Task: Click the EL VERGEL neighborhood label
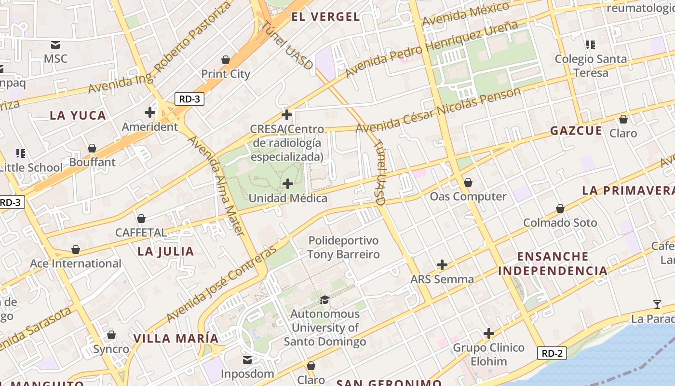[x=325, y=17]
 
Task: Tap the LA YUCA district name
[x=78, y=115]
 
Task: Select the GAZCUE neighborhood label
[x=576, y=131]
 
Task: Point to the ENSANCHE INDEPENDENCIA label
[x=553, y=263]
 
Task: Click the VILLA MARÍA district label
[x=176, y=338]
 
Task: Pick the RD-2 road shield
[x=552, y=353]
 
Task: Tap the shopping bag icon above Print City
[x=225, y=60]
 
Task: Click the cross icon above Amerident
[x=150, y=112]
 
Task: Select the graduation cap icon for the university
[x=324, y=300]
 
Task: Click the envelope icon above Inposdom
[x=247, y=360]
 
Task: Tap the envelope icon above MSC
[x=55, y=45]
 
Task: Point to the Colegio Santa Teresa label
[x=591, y=66]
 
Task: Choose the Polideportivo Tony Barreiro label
[x=343, y=248]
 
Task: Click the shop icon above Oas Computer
[x=468, y=182]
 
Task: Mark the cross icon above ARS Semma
[x=442, y=265]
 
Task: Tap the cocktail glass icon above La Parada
[x=657, y=304]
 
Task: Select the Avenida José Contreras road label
[x=222, y=285]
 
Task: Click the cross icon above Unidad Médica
[x=288, y=184]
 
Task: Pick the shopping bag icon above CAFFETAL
[x=141, y=219]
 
